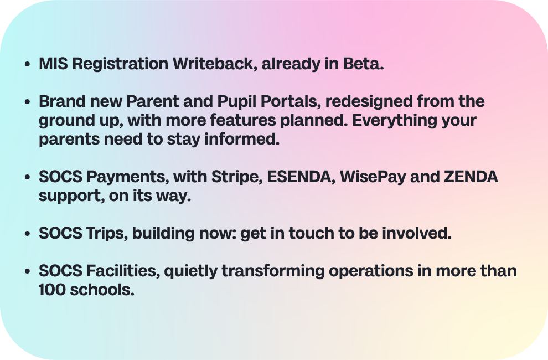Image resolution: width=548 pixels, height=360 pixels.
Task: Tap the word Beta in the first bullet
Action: [x=361, y=64]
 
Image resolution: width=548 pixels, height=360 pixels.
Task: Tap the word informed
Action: [x=241, y=139]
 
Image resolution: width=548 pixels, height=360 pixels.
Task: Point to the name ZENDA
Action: [x=471, y=177]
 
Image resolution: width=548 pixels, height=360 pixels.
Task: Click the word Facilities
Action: [x=123, y=271]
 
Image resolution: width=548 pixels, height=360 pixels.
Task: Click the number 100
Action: [x=53, y=290]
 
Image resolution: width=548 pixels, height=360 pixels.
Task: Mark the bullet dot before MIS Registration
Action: [x=28, y=64]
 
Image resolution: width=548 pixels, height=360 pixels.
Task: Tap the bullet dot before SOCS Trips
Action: [x=28, y=234]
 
